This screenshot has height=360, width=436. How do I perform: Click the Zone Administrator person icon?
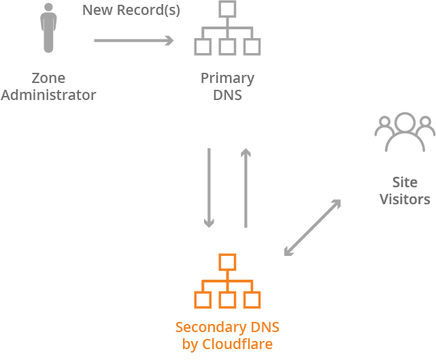(x=48, y=28)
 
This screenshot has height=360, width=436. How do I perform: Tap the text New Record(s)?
(x=131, y=11)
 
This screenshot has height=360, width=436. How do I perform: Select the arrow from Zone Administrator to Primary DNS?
(x=133, y=41)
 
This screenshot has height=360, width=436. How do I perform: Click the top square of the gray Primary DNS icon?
(x=227, y=10)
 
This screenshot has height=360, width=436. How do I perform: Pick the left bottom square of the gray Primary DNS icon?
(x=202, y=46)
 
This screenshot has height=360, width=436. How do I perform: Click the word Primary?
(x=227, y=78)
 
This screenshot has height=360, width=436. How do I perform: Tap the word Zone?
(x=48, y=78)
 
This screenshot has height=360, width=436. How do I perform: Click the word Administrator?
(x=48, y=95)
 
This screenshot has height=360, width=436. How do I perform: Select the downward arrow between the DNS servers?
(x=209, y=187)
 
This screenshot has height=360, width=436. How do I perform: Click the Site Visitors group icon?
(x=405, y=133)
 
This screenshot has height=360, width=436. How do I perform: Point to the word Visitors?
(x=405, y=199)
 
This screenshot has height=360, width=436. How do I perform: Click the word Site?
(x=405, y=182)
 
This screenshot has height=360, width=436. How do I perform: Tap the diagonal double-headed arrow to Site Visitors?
(x=312, y=228)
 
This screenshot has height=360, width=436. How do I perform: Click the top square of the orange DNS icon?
(x=227, y=262)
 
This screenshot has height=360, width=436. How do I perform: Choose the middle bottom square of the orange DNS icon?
(x=227, y=299)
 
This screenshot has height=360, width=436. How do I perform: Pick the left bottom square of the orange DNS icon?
(x=202, y=299)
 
